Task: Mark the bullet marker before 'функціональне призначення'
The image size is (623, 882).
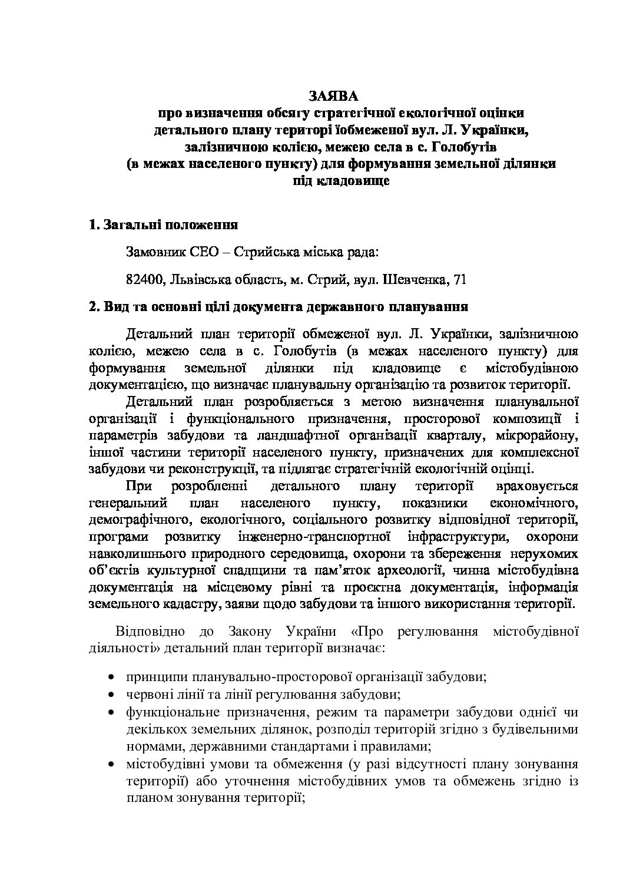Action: (x=112, y=713)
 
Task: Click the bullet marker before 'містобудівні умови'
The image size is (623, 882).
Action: (x=112, y=765)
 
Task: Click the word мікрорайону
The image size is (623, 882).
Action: (x=535, y=436)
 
